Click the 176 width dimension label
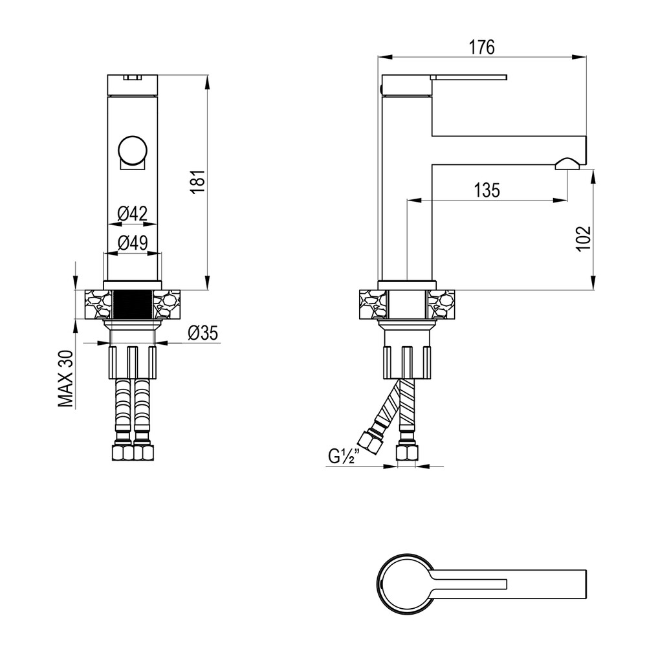click(x=481, y=47)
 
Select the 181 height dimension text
click(x=198, y=181)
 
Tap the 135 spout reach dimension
click(x=487, y=190)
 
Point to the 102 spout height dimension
click(x=583, y=238)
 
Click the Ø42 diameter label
click(x=132, y=214)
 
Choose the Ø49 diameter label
click(x=133, y=243)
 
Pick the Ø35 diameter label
click(x=203, y=333)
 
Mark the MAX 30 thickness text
click(x=65, y=378)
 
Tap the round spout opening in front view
click(x=133, y=150)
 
